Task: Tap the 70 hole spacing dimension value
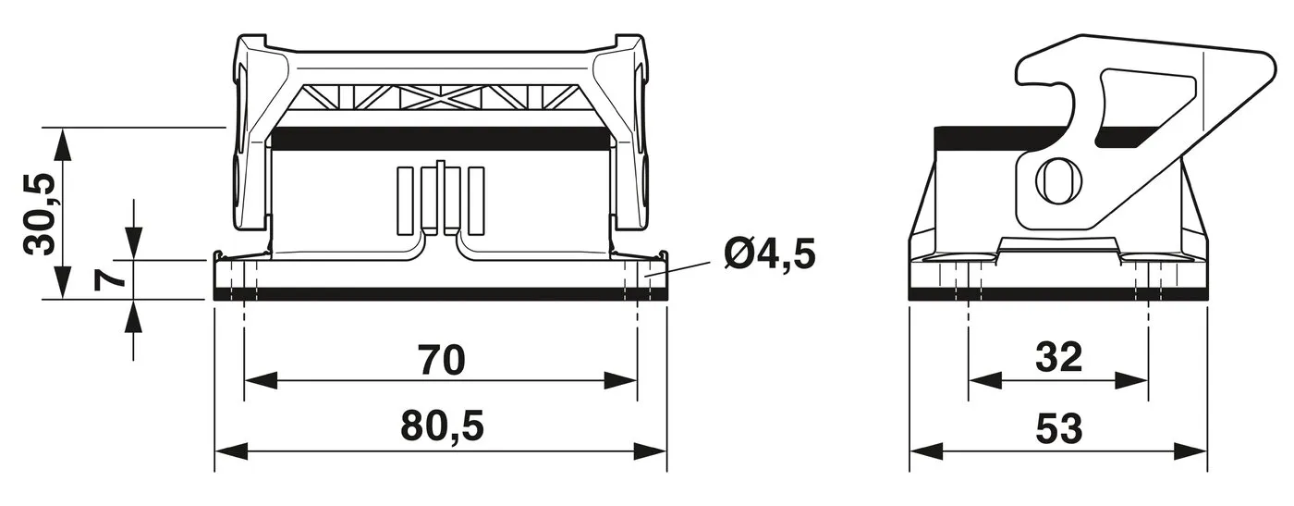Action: pos(440,360)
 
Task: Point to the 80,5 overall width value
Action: pos(441,426)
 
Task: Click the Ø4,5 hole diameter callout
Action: pos(770,253)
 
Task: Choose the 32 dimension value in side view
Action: pos(1058,357)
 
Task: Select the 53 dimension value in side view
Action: pos(1058,427)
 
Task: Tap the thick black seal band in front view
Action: pos(442,139)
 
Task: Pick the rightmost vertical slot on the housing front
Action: pos(476,199)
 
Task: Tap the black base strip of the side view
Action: pos(1058,294)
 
